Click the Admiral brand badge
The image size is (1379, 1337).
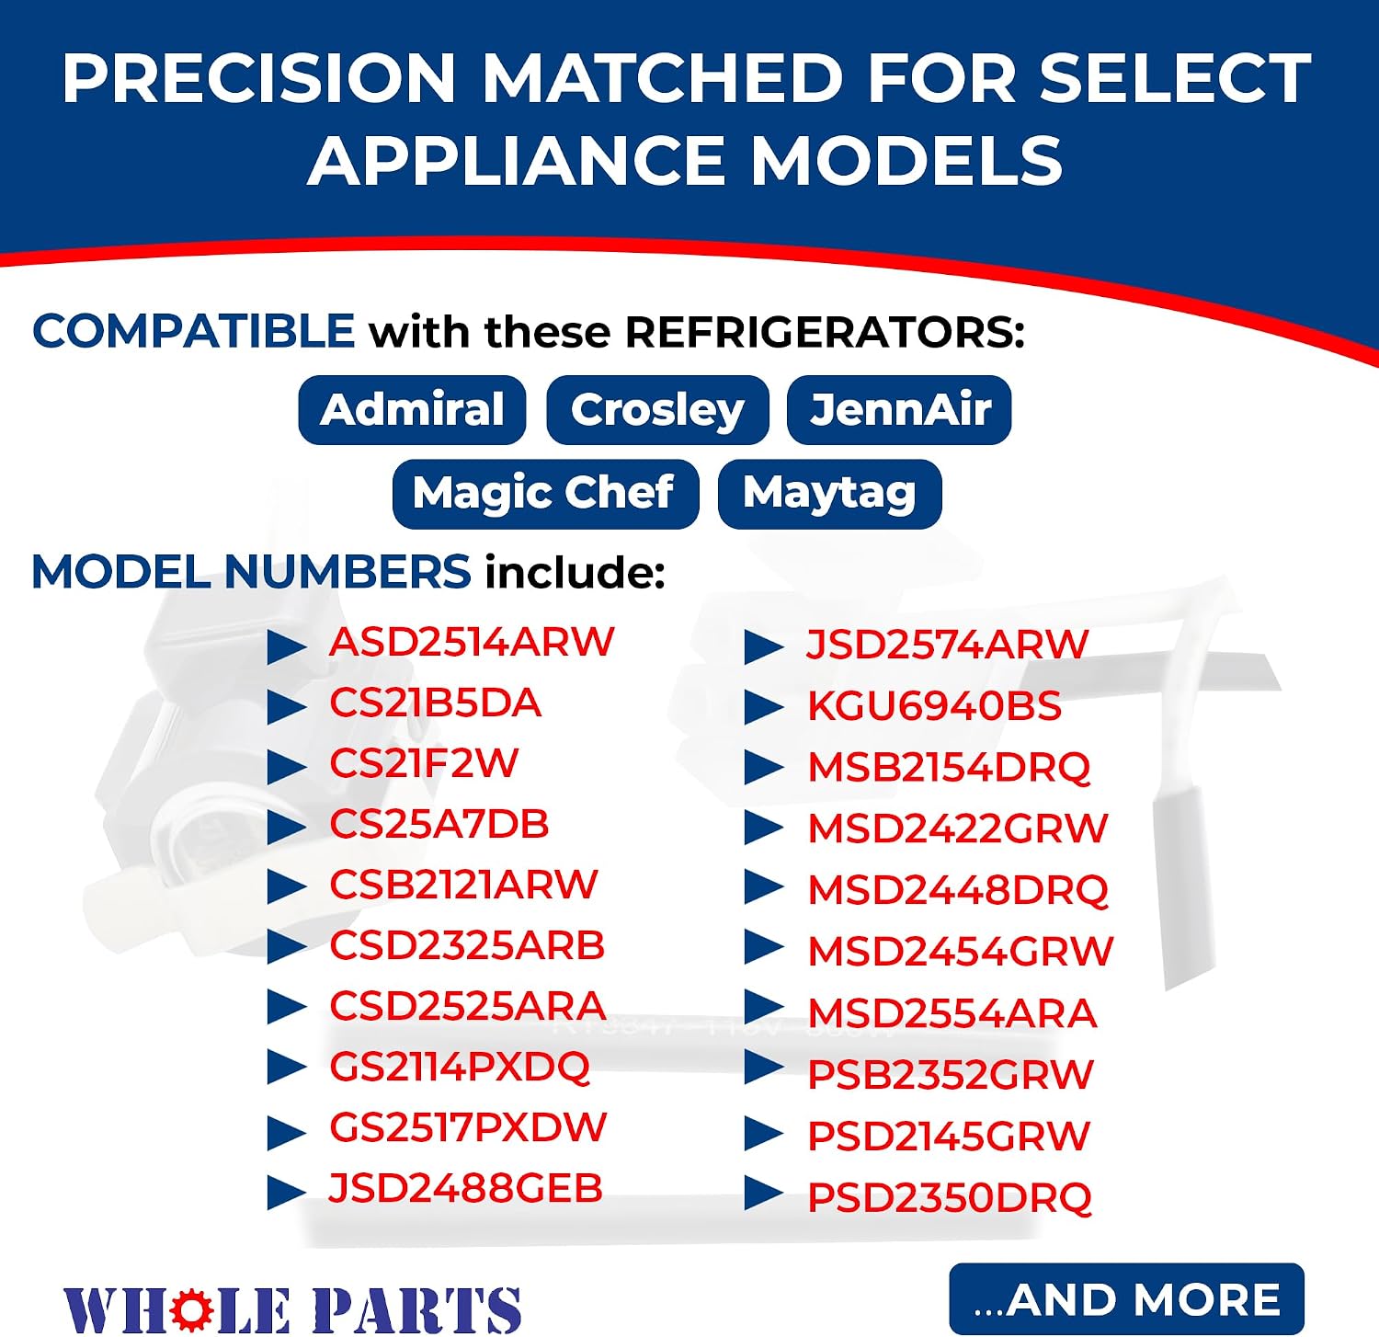pos(412,410)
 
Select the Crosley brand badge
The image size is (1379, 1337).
pos(657,410)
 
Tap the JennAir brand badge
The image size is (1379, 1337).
pos(899,410)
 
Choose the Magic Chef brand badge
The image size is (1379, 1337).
pos(545,494)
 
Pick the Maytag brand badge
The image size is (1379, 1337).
pos(829,494)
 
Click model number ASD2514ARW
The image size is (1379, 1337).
pos(472,642)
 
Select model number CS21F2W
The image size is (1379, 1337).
pos(424,763)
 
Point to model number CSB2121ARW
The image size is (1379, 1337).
pos(463,885)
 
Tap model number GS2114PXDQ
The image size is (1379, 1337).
pos(460,1067)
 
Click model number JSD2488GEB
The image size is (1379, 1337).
pos(465,1188)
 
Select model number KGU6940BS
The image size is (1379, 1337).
pos(934,706)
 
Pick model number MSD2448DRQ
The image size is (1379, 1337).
pos(958,890)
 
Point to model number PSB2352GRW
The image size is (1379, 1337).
pos(951,1074)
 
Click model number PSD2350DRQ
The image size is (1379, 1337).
pos(950,1197)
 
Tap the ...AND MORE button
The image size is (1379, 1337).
pos(1126,1299)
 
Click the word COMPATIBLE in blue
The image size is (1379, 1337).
pos(194,331)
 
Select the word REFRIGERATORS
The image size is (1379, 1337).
pos(825,332)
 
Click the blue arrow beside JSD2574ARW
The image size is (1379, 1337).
pos(764,646)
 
